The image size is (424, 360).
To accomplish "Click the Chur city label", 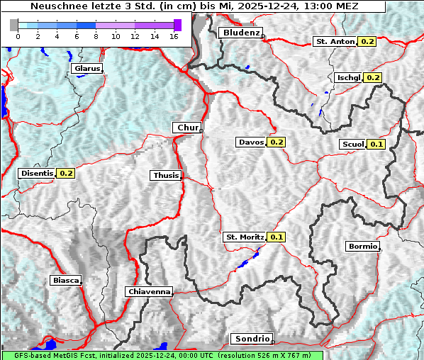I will tap(187, 128).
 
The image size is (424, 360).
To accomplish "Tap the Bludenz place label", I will tap(240, 33).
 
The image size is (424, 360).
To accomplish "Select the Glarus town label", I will tap(86, 69).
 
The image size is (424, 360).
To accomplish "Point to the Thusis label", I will tap(166, 175).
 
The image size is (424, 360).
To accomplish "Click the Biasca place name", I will tap(65, 280).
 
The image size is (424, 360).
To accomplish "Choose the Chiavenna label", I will tap(149, 291).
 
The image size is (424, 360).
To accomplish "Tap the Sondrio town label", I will tap(252, 339).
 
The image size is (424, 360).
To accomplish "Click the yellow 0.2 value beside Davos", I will tap(277, 142).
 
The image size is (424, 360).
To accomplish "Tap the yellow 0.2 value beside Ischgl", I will tap(373, 77).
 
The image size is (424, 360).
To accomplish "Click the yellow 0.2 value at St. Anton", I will tap(367, 42).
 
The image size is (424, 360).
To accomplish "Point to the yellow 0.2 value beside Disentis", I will tap(66, 173).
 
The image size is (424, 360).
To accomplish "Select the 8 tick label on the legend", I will tap(96, 36).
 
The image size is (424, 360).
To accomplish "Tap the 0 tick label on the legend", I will tap(18, 36).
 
